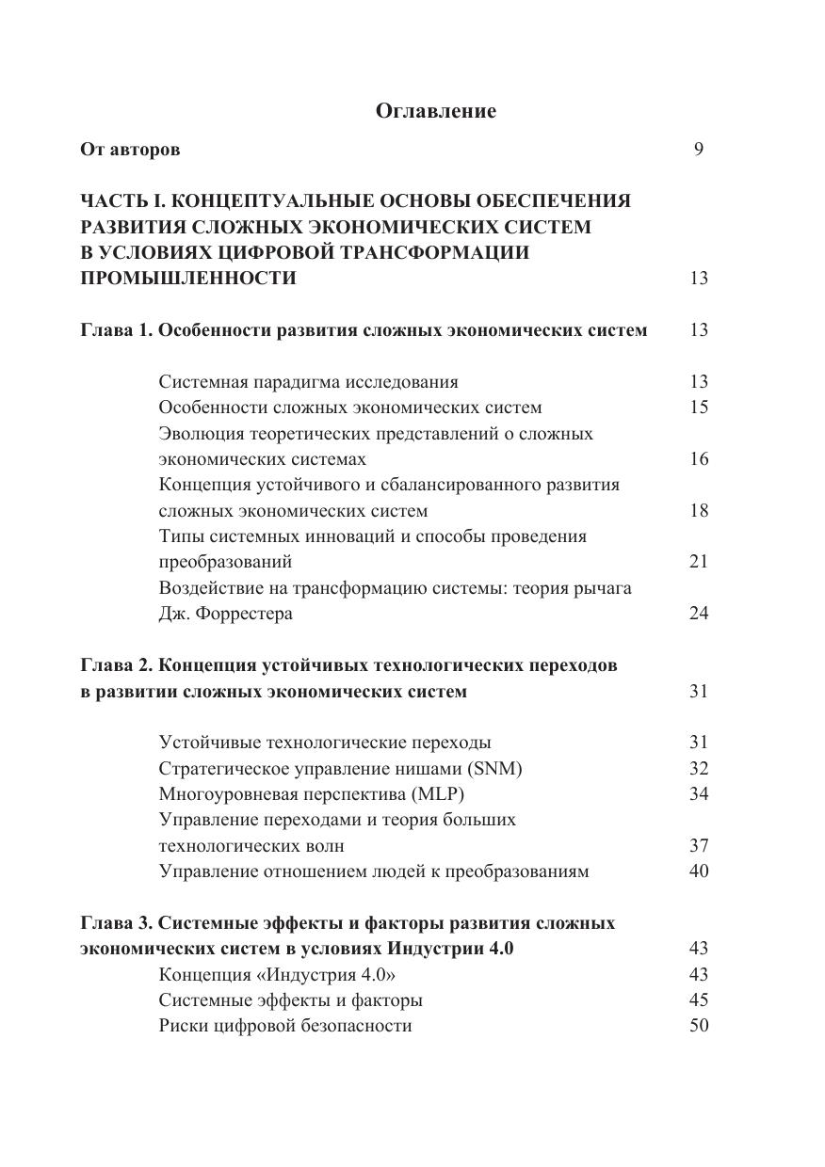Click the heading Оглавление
[435, 111]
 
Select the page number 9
[698, 149]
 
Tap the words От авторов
[130, 149]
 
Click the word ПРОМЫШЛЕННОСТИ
[188, 279]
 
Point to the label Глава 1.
[116, 330]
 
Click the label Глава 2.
[116, 665]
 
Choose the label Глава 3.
[116, 922]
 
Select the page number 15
[698, 408]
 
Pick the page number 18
[698, 511]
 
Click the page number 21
[698, 562]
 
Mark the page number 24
[698, 614]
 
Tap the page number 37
[698, 845]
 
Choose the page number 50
[698, 1026]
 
